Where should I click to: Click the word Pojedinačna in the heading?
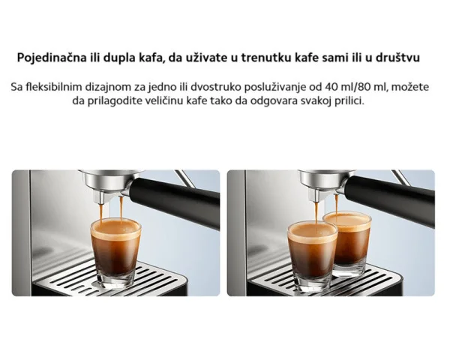click(x=52, y=58)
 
